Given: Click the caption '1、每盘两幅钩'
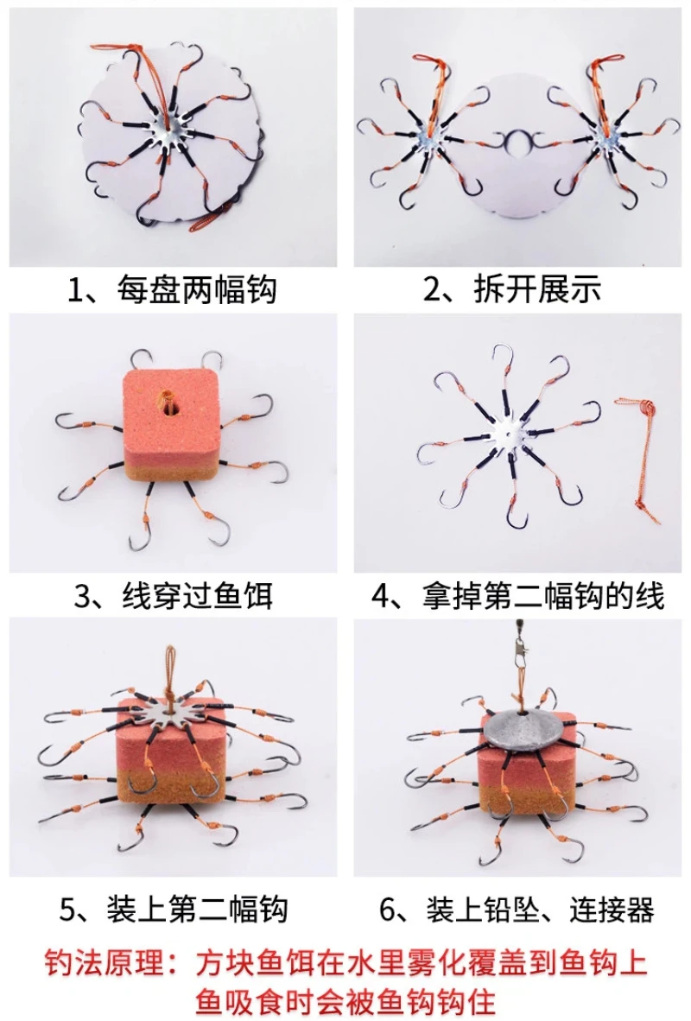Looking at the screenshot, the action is [x=173, y=290].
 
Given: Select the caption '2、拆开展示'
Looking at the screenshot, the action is [x=512, y=290].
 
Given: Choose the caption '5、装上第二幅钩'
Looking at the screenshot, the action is [x=174, y=909].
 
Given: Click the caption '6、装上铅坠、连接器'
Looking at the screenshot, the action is [x=517, y=909].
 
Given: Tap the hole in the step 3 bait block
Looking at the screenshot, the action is [x=169, y=403].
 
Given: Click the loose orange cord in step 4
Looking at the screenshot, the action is [x=639, y=456].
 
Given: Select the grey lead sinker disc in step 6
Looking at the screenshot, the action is [x=528, y=728].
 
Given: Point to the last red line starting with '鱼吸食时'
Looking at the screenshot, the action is [x=345, y=1001].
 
